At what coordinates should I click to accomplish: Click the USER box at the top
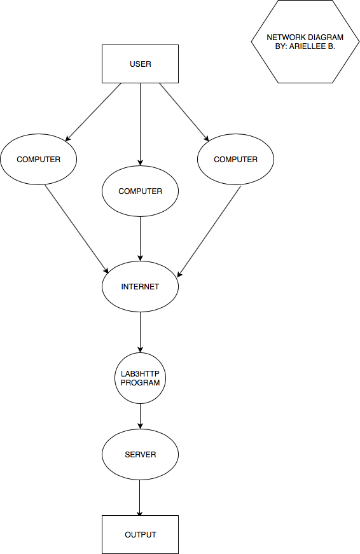click(x=141, y=64)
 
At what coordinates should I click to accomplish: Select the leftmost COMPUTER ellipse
click(x=39, y=160)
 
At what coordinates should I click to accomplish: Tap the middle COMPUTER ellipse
click(x=141, y=191)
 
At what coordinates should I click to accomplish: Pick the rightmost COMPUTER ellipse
click(x=235, y=160)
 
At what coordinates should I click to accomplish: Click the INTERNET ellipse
click(x=141, y=286)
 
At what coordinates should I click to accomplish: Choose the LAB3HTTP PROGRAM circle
click(x=141, y=378)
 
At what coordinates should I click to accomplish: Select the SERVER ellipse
click(x=141, y=454)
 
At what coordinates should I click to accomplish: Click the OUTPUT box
click(x=141, y=534)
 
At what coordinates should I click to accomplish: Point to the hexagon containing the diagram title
click(x=305, y=42)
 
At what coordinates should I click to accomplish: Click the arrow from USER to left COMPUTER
click(x=93, y=113)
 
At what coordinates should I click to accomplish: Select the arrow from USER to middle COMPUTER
click(x=141, y=125)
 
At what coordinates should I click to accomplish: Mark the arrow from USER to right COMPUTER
click(x=184, y=113)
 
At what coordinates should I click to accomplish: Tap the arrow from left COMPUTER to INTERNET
click(x=77, y=229)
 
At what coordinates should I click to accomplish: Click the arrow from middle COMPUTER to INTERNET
click(x=141, y=239)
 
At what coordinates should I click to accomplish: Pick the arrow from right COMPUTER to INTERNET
click(x=209, y=232)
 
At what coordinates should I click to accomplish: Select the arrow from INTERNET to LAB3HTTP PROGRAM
click(x=141, y=332)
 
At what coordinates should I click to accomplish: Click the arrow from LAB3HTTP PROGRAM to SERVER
click(x=141, y=416)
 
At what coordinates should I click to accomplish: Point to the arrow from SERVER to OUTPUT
click(x=139, y=498)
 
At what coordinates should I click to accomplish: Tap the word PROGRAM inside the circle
click(x=141, y=383)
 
